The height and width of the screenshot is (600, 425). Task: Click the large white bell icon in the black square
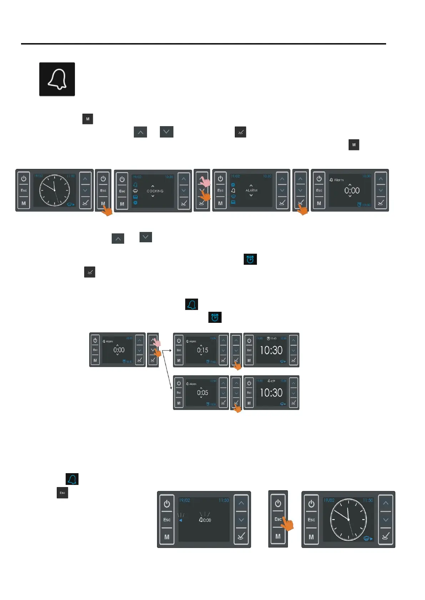[57, 79]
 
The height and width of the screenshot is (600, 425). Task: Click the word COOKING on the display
[155, 191]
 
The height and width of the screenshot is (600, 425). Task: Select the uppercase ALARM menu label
[251, 190]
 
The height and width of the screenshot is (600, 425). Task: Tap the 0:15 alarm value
[202, 350]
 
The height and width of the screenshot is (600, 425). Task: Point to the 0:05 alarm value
[202, 393]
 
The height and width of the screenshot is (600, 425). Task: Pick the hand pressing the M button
[106, 210]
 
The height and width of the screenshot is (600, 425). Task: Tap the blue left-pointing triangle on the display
[181, 520]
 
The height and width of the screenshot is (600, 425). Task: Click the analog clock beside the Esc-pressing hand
[348, 519]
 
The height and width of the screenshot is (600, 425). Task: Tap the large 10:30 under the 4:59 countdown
[271, 393]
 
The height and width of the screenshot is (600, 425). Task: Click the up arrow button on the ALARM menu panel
[282, 179]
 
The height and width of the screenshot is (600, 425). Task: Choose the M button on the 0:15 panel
[179, 361]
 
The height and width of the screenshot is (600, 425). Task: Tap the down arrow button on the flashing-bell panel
[241, 520]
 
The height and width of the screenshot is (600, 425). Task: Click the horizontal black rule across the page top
[203, 44]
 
